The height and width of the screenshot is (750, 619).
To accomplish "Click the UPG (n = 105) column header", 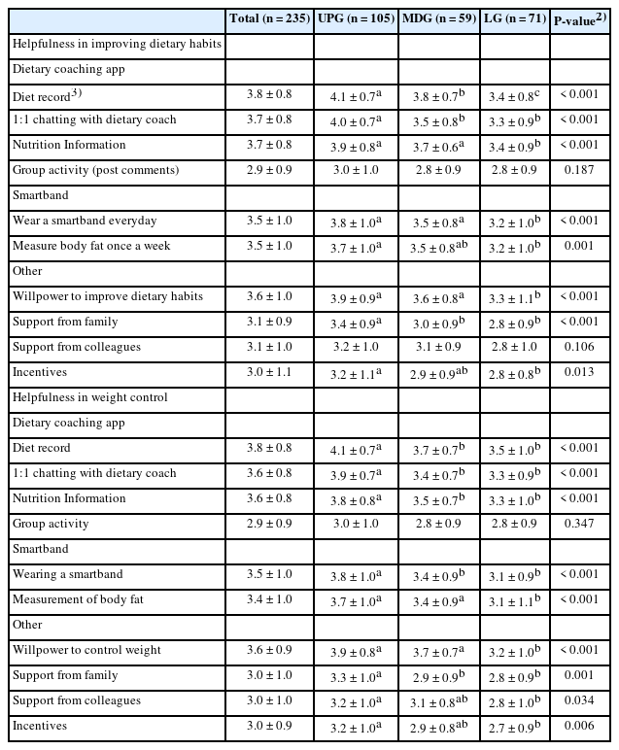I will tap(357, 18).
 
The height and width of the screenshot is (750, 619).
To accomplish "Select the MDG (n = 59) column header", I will tap(439, 18).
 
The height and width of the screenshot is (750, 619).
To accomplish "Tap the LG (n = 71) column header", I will tap(515, 18).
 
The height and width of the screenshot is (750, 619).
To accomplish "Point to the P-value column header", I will tap(581, 19).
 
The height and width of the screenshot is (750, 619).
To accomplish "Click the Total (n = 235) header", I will tap(270, 18).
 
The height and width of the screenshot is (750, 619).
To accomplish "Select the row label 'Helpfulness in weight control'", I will tap(89, 397).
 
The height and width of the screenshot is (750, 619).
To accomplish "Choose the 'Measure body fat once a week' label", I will tap(91, 246).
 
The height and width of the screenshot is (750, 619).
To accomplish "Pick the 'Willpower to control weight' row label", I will tap(86, 650).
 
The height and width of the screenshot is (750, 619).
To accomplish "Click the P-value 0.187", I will tap(581, 170).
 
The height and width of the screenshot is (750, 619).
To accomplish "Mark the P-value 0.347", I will tap(581, 524).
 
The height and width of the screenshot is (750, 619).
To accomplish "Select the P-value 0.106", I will tap(581, 347).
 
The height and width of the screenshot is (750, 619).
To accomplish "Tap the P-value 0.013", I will tap(581, 372).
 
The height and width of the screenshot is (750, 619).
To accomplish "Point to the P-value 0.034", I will tap(581, 700).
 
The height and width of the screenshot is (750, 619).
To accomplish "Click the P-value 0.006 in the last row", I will tap(581, 726).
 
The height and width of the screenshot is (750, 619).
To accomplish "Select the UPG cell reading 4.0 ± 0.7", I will tap(355, 119).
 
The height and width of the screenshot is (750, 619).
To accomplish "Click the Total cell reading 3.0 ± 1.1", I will tap(270, 372).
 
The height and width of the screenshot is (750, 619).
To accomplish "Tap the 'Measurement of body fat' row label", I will tap(78, 599).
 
